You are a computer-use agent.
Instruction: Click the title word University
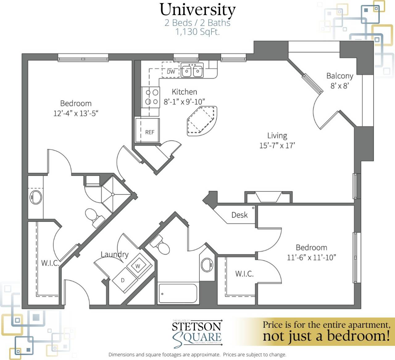197,10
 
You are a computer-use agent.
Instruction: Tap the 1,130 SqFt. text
197,32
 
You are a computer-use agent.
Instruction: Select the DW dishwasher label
171,72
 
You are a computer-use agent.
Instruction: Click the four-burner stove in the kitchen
151,97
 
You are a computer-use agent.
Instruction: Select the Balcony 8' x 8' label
340,81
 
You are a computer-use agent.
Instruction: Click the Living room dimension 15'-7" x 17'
277,145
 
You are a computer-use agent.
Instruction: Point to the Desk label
239,215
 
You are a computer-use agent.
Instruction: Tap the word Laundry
114,254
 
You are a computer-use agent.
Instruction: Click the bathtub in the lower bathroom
177,293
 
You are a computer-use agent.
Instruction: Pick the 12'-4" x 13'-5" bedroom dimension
76,113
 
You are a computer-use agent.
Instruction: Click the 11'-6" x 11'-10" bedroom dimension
311,257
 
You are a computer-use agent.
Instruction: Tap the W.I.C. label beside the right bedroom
244,274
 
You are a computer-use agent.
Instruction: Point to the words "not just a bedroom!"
326,336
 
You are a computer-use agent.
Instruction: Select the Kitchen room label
184,92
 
